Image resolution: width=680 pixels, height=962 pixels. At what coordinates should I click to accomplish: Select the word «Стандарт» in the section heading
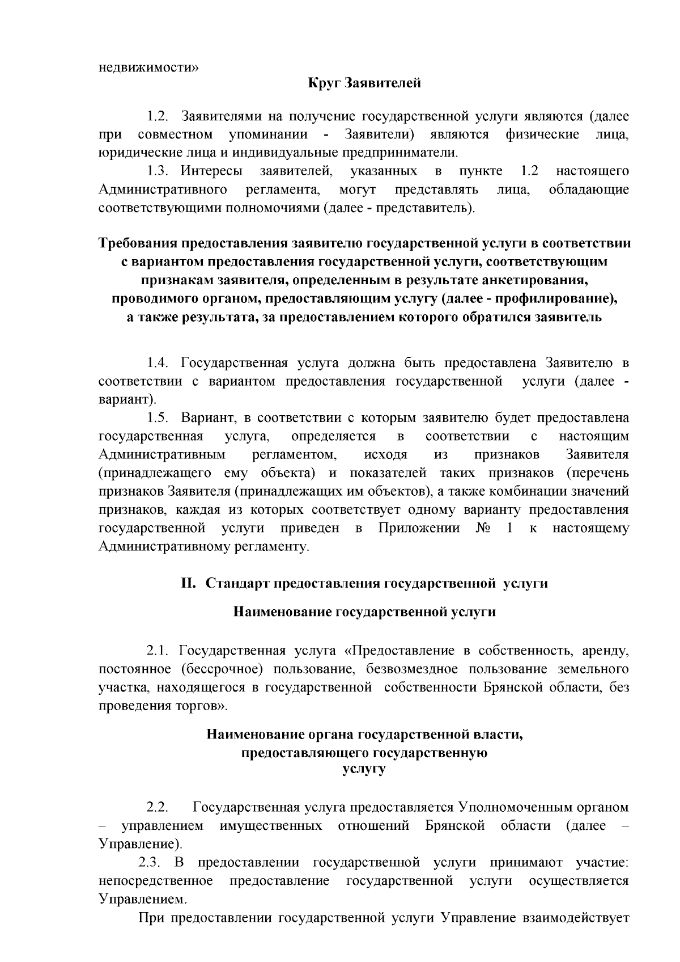(237, 583)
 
